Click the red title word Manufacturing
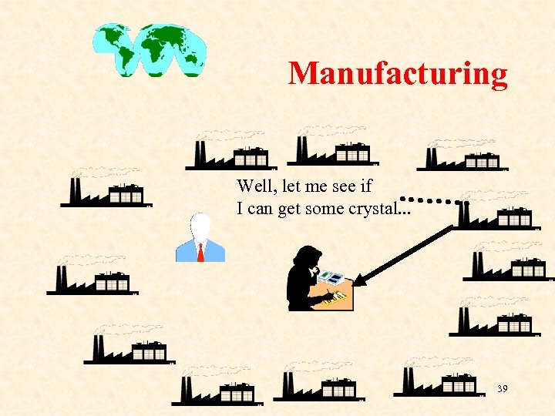point(398,74)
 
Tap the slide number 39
point(502,389)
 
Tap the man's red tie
point(200,251)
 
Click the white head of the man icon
point(200,226)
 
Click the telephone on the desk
point(331,276)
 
